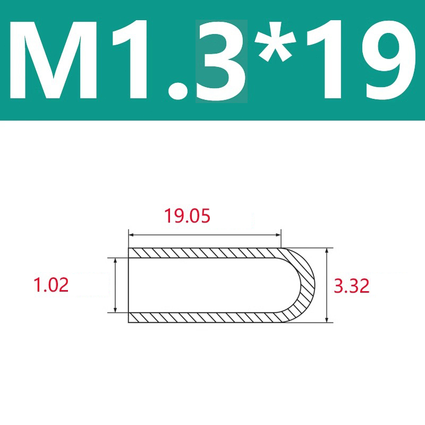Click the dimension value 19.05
click(188, 216)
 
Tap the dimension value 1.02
click(51, 285)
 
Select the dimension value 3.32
click(352, 286)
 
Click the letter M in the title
click(53, 59)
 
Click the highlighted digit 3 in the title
click(221, 60)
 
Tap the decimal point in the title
click(178, 90)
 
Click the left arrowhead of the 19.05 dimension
click(131, 235)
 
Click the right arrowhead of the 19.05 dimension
click(278, 235)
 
